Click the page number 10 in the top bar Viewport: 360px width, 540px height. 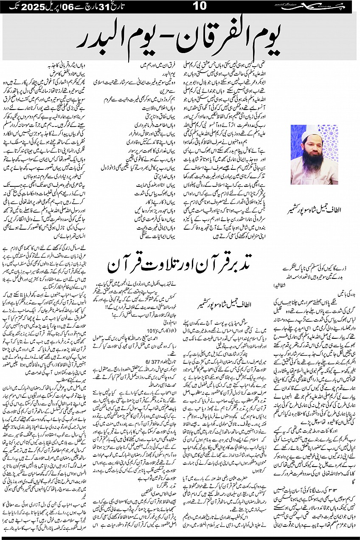pos(199,6)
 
